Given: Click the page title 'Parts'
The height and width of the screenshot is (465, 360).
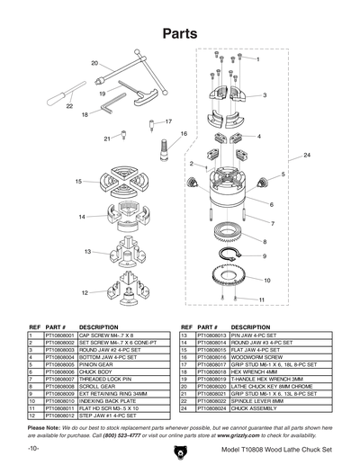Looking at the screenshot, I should (179, 34).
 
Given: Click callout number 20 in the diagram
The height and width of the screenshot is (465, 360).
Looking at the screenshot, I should (94, 63).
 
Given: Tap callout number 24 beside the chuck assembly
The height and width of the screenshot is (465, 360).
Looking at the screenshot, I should (307, 156).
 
